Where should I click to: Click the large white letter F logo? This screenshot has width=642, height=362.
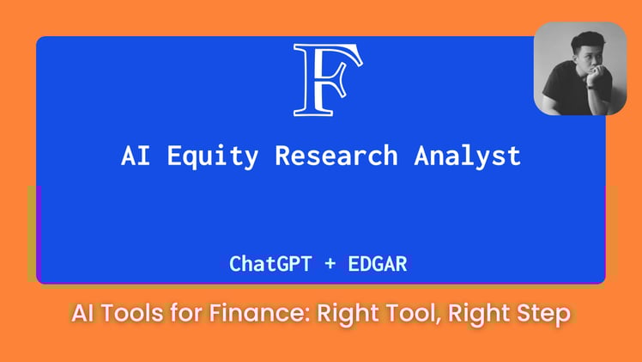328,79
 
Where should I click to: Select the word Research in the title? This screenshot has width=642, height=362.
336,156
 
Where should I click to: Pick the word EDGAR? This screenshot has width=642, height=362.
377,264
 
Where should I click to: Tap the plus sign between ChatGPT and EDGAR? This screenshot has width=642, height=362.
330,264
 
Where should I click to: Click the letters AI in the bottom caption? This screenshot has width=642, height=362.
84,315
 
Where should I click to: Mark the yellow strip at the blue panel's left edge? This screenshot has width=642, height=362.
32,232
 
